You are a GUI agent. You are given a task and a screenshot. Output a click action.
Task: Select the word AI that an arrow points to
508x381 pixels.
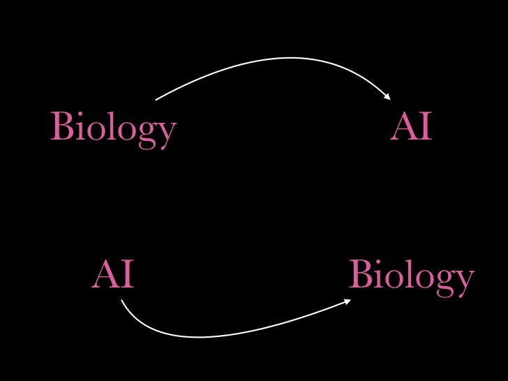(x=411, y=128)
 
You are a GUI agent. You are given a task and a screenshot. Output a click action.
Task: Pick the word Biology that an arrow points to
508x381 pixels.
(x=411, y=276)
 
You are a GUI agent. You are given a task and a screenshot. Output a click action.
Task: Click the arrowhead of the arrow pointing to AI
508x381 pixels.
(x=387, y=97)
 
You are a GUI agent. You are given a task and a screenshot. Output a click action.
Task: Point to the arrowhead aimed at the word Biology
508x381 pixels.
(x=348, y=301)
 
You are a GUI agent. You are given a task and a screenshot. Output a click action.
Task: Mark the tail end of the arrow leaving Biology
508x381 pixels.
(x=156, y=100)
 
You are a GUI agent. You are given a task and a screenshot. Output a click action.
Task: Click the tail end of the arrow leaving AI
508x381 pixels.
(x=121, y=300)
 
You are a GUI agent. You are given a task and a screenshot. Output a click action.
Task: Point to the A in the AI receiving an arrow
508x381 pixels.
(x=403, y=128)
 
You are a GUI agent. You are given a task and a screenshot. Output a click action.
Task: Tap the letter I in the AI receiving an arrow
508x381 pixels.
(x=425, y=128)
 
